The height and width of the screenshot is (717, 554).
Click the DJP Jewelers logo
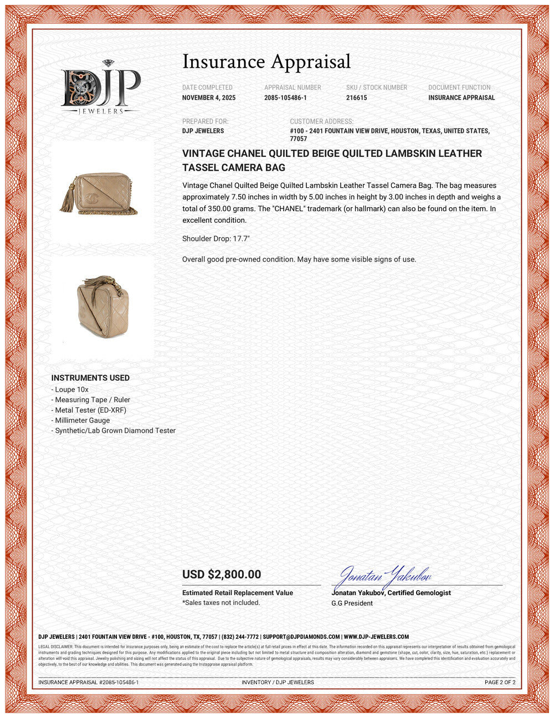(x=100, y=88)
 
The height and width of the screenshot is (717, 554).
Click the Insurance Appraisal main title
(x=266, y=62)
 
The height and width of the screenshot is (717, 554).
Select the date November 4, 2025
(x=209, y=98)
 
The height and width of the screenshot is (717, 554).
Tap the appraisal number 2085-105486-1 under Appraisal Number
(x=285, y=98)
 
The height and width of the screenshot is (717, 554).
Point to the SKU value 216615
(x=356, y=98)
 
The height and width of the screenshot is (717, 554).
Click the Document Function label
(x=459, y=88)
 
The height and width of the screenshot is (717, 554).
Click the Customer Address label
(x=321, y=121)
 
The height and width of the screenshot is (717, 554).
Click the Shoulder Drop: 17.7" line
(x=216, y=239)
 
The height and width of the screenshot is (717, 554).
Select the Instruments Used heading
(x=90, y=378)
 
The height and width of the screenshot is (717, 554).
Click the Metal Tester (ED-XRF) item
(x=90, y=410)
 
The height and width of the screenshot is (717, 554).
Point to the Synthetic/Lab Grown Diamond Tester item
(x=115, y=431)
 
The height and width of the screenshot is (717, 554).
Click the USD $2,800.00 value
(x=222, y=575)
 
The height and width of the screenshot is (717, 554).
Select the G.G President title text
(x=352, y=603)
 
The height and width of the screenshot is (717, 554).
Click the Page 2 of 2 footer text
(x=500, y=683)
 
